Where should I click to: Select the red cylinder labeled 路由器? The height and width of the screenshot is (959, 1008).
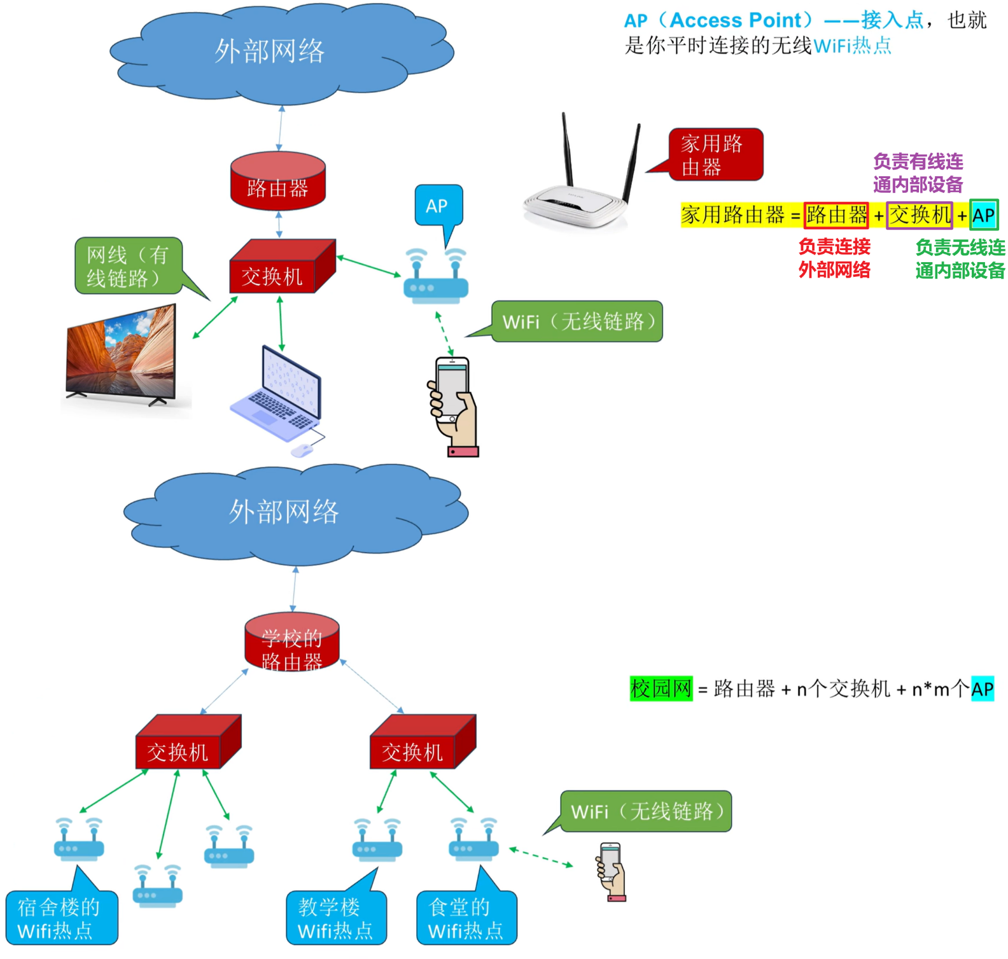[x=278, y=181]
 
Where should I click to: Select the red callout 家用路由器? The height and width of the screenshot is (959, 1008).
[x=714, y=155]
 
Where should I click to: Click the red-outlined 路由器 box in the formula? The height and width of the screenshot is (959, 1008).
[x=836, y=215]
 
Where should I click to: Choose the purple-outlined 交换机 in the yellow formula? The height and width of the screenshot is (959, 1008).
[x=920, y=215]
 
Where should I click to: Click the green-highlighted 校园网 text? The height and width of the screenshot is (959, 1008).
[x=661, y=689]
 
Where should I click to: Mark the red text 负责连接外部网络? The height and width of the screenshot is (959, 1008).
[x=834, y=258]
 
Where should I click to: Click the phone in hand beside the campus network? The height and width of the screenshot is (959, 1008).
[x=612, y=872]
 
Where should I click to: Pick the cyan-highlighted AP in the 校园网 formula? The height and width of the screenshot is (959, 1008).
[x=983, y=689]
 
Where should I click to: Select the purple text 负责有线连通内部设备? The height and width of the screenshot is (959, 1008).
[x=918, y=173]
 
